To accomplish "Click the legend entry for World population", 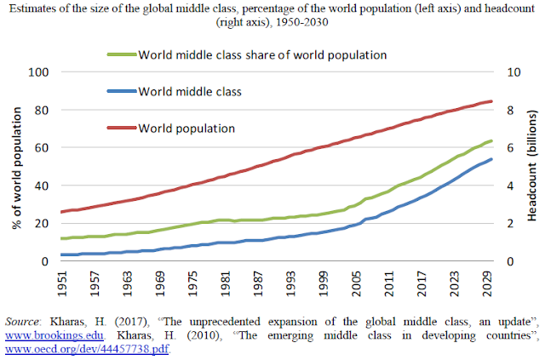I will pos(188,129).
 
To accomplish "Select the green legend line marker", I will pos(121,54).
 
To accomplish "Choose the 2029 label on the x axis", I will pos(486,283).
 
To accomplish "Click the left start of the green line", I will pos(60,238).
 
